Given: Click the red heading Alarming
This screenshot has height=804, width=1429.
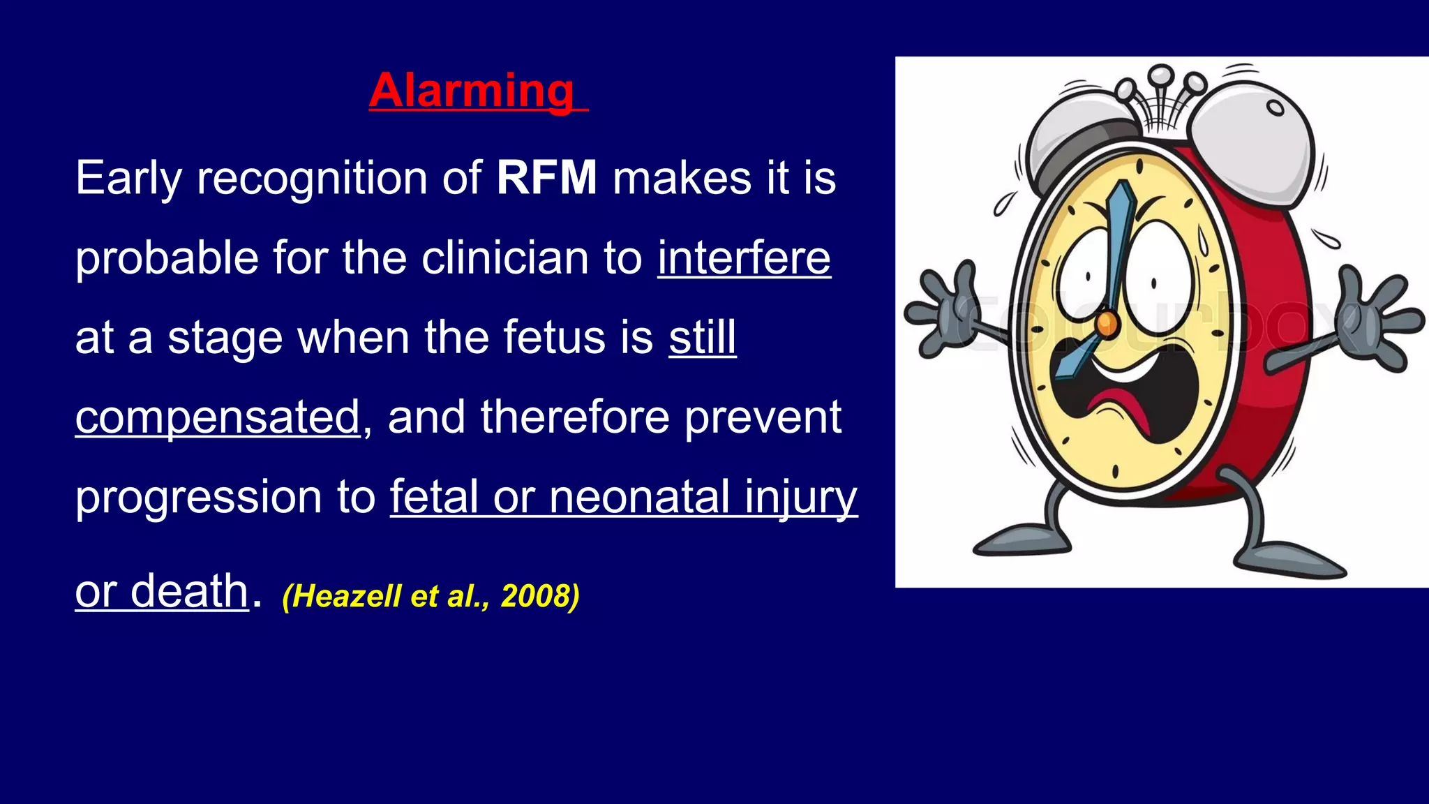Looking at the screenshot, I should tap(472, 91).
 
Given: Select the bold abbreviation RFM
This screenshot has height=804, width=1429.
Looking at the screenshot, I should tap(546, 178).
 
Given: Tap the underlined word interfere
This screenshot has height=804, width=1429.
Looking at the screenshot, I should tap(744, 258).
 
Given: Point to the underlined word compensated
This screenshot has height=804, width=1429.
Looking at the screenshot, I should tap(218, 417).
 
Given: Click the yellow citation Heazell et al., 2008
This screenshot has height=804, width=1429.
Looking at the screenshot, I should tap(431, 596).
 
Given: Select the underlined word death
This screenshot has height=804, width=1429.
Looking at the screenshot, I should tap(189, 590).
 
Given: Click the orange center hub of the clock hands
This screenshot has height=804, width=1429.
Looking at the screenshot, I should tap(1107, 322).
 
